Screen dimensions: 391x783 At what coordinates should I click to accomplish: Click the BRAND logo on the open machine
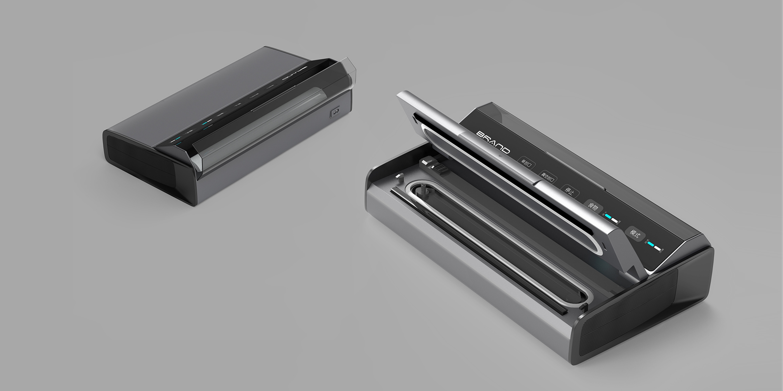[x=493, y=142]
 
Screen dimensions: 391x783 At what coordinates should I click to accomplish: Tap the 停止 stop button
[x=569, y=192]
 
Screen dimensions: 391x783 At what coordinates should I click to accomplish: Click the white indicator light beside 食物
[x=615, y=221]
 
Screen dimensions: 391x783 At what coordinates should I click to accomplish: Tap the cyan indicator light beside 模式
[x=651, y=244]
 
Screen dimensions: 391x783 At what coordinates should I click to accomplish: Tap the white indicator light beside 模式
[x=657, y=248]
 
